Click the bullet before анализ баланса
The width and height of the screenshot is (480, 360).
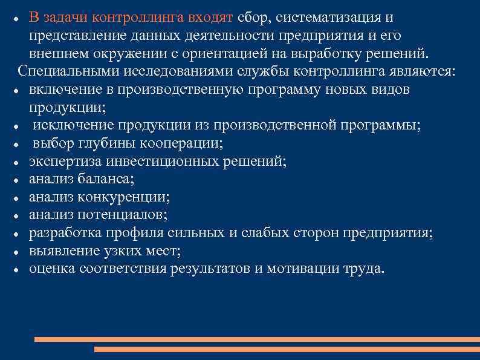(x=21, y=180)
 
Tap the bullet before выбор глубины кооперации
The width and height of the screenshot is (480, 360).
(x=21, y=145)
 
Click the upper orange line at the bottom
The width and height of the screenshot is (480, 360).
(x=254, y=339)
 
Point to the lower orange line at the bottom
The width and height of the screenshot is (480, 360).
(x=284, y=349)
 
